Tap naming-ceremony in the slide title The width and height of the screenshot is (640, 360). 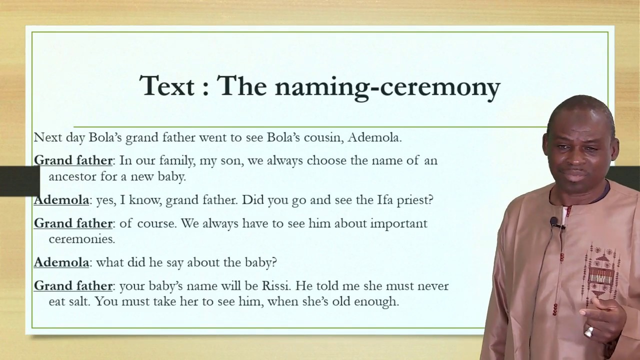coord(387,86)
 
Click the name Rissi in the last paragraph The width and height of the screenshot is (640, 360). coord(277,286)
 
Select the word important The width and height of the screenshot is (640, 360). coord(398,223)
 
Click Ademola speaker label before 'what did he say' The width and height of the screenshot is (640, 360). coord(61,262)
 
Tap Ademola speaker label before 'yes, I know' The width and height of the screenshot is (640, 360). coord(61,200)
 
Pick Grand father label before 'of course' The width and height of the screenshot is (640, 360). coord(73,223)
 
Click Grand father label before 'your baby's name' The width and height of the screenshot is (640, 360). coord(73,286)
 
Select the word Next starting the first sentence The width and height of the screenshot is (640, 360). coord(46,137)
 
